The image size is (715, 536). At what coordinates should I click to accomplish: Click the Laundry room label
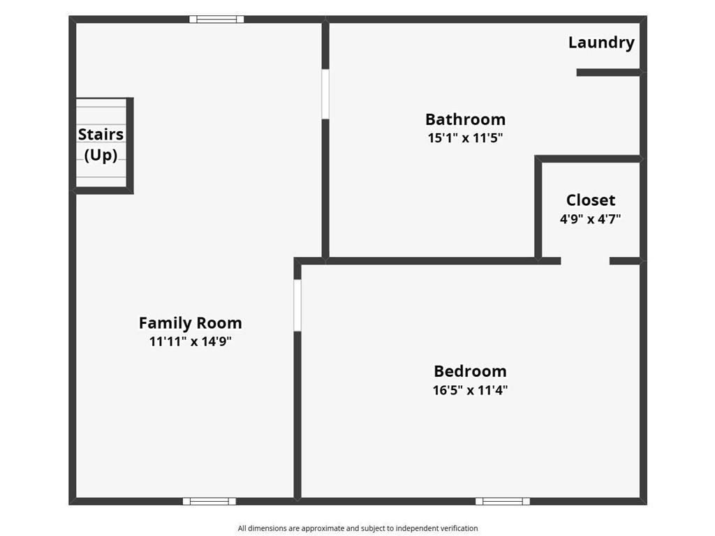[601, 43]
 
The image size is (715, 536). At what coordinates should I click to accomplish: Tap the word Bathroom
[465, 119]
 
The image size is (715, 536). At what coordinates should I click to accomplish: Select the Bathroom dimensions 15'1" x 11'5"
[465, 138]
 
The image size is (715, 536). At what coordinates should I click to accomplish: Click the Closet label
[591, 201]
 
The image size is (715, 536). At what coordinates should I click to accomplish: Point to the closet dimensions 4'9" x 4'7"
[591, 219]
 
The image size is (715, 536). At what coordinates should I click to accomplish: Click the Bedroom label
[470, 371]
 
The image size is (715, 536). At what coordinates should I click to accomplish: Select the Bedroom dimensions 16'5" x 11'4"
[470, 390]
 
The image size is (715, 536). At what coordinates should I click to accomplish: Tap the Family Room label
[190, 323]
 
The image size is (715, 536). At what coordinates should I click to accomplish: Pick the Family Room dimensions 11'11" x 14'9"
[190, 342]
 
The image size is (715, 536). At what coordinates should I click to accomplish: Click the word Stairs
[101, 135]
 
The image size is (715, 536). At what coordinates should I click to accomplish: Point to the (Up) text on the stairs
[101, 155]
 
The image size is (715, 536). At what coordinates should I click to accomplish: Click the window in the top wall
[216, 20]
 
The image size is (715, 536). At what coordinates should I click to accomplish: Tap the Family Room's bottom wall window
[209, 501]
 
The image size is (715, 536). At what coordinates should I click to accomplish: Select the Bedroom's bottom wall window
[503, 501]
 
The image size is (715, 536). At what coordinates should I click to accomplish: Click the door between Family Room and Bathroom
[325, 94]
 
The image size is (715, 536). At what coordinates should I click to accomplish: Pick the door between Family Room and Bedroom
[297, 305]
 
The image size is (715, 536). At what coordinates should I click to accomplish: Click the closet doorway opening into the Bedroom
[585, 261]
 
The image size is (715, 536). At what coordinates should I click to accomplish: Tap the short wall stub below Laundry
[607, 73]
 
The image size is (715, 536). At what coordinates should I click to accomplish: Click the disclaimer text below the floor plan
[357, 528]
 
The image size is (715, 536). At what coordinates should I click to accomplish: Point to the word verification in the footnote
[457, 528]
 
